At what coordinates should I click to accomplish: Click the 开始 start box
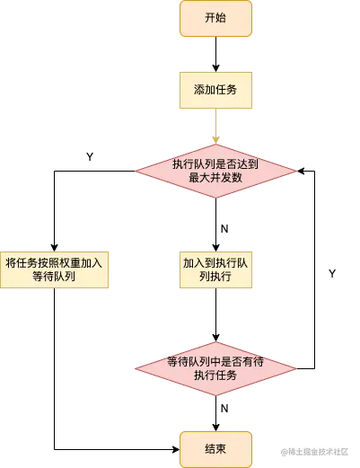[215, 19]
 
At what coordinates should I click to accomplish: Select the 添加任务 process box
[215, 90]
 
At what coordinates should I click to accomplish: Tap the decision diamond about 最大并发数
[215, 171]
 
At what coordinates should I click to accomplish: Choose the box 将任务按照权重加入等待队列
[55, 270]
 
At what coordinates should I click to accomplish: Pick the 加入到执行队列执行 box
[215, 270]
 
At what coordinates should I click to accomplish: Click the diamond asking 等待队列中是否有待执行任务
[215, 369]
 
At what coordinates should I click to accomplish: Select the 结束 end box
[215, 449]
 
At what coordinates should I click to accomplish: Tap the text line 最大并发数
[215, 179]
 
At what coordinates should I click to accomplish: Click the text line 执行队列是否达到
[215, 163]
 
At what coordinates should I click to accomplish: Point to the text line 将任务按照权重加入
[55, 262]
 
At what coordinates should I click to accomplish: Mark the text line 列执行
[215, 278]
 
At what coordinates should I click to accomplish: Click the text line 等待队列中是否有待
[215, 362]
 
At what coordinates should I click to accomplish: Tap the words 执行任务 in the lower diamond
[215, 377]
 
